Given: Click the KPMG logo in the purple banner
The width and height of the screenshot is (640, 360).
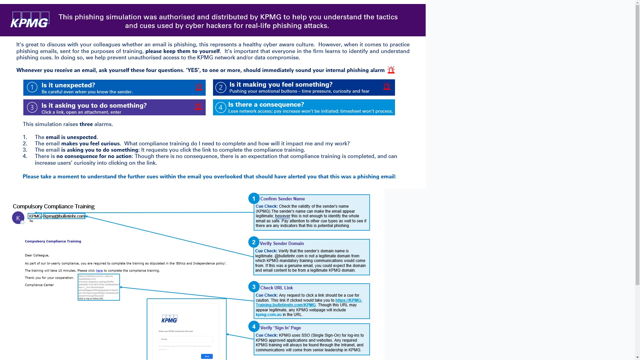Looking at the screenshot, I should (x=30, y=20).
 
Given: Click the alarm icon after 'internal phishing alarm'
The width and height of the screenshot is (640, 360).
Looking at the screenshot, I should (x=391, y=70).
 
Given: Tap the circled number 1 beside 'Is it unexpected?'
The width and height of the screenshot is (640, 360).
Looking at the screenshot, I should (x=32, y=87).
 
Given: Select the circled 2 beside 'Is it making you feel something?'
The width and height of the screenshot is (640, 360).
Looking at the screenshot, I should (x=221, y=88).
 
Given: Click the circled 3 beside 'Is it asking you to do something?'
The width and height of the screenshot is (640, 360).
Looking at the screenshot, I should (x=32, y=107).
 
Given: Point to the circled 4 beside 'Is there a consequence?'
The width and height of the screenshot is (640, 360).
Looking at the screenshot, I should (x=221, y=107).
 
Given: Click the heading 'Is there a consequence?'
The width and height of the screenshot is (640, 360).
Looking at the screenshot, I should (x=266, y=105).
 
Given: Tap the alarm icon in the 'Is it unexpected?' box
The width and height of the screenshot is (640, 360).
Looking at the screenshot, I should (x=199, y=87).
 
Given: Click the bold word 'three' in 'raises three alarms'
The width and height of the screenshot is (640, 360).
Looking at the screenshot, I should (x=86, y=124).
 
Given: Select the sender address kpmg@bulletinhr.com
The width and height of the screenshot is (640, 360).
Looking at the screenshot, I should (x=64, y=216).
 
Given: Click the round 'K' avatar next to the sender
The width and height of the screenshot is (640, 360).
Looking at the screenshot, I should (x=18, y=218).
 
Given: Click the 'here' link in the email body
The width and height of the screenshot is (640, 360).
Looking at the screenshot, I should (x=99, y=271).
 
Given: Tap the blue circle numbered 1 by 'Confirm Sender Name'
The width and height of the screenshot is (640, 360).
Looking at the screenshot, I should (x=254, y=199).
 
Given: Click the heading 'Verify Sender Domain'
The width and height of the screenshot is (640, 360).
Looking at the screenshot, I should (x=282, y=244).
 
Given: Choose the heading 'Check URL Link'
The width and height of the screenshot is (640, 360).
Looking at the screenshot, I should (x=276, y=288).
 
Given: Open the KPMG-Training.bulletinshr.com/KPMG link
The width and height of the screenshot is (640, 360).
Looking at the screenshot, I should (x=309, y=303).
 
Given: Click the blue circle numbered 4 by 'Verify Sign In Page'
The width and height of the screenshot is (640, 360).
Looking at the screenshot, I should (x=254, y=327).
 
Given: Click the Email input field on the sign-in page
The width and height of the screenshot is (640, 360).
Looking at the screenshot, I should (x=186, y=339).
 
